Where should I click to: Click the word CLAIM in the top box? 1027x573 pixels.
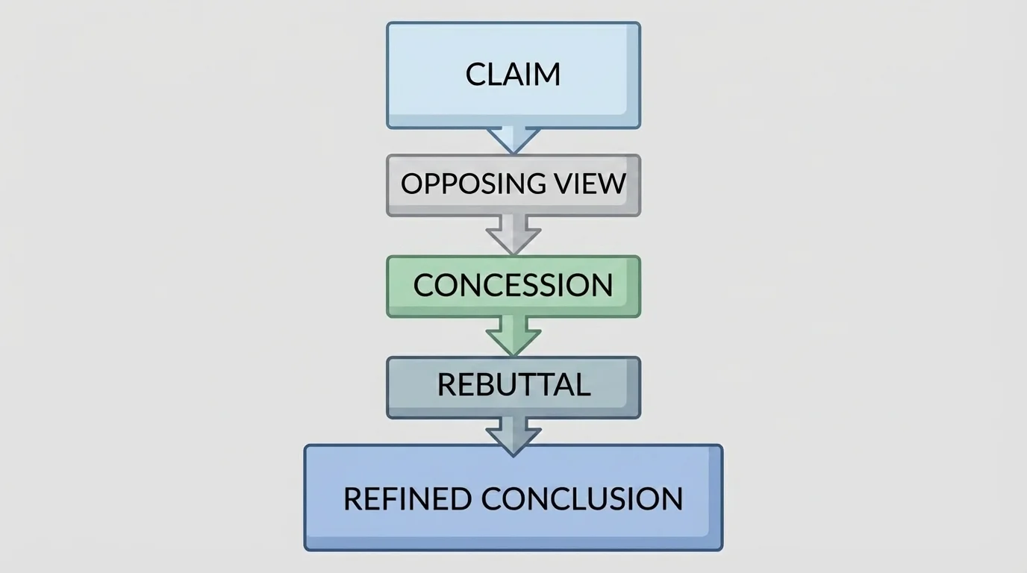click(x=513, y=74)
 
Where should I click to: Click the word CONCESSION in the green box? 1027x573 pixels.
click(x=513, y=285)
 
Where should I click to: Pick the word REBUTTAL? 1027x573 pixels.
click(x=513, y=385)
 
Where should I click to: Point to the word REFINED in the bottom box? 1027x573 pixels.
click(x=408, y=498)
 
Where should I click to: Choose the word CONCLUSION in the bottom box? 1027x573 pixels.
click(x=582, y=498)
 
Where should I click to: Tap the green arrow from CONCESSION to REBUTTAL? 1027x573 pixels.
click(x=513, y=336)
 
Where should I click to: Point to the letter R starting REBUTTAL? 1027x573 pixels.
click(x=446, y=385)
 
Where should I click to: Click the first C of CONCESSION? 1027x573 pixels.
click(x=423, y=285)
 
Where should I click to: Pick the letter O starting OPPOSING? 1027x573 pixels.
click(x=411, y=184)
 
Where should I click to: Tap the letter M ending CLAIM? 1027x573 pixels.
click(x=549, y=74)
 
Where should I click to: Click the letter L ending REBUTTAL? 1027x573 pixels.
click(x=583, y=385)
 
